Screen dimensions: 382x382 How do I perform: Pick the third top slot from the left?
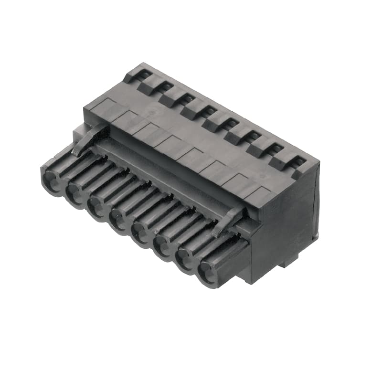(188, 99)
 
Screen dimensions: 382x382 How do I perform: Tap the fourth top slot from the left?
(210, 111)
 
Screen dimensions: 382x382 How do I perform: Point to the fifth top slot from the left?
(232, 123)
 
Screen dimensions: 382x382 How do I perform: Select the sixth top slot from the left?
(253, 136)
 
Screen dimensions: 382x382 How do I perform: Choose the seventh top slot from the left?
(276, 149)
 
